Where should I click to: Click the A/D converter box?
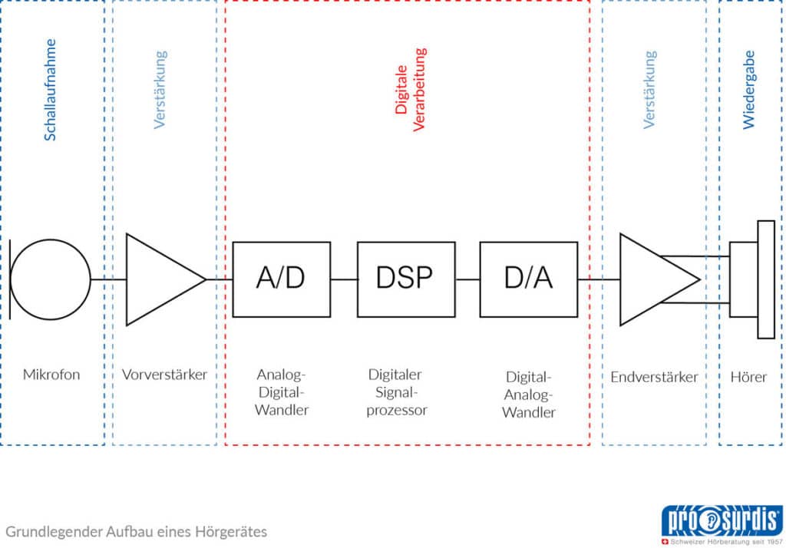(281, 279)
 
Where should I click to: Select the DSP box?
(405, 279)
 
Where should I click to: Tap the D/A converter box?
(528, 279)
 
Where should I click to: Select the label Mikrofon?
(51, 375)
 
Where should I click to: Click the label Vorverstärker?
(164, 375)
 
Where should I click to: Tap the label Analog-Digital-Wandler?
(281, 392)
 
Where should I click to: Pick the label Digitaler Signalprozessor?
(397, 392)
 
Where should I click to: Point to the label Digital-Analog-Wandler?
(528, 394)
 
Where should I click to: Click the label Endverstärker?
(654, 377)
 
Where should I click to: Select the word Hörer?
(748, 377)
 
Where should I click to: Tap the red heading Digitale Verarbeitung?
(410, 90)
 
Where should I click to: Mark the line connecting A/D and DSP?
(344, 279)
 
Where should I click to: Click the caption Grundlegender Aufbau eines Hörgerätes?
(137, 531)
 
